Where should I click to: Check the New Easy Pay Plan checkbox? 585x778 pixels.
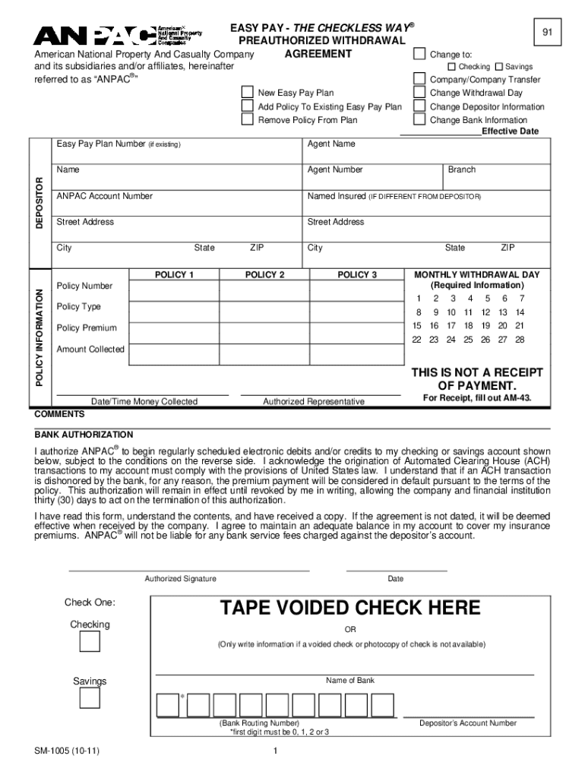click(247, 93)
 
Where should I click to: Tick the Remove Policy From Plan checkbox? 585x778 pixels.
click(247, 119)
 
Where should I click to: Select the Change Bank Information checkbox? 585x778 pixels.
click(419, 119)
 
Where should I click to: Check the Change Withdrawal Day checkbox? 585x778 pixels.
click(419, 93)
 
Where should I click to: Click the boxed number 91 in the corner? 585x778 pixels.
click(546, 33)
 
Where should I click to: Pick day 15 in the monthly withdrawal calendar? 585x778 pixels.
click(417, 326)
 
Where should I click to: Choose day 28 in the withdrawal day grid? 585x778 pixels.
click(520, 340)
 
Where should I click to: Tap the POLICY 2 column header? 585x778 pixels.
click(264, 275)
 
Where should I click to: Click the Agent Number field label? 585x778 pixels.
click(335, 170)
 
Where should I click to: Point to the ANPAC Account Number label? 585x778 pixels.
click(105, 196)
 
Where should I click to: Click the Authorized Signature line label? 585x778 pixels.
click(180, 579)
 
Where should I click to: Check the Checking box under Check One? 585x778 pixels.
click(90, 642)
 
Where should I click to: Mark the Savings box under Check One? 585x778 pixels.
click(90, 697)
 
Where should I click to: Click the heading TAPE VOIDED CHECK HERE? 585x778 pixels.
click(350, 608)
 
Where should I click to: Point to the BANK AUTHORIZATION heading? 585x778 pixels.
click(84, 435)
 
